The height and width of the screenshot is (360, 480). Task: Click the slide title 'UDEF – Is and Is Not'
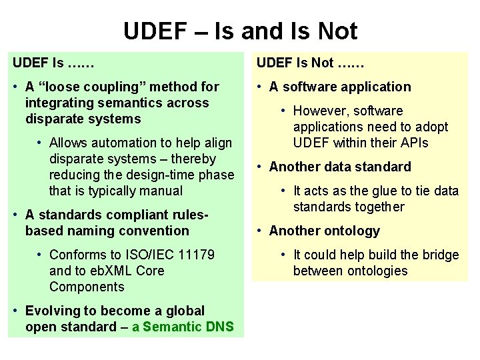[240, 31]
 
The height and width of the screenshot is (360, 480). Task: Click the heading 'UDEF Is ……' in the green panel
[53, 63]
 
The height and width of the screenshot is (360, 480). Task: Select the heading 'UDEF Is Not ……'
[310, 63]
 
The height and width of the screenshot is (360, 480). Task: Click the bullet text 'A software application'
[340, 87]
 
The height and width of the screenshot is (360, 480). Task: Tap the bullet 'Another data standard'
[340, 167]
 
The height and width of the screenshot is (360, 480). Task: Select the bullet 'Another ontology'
[324, 231]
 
